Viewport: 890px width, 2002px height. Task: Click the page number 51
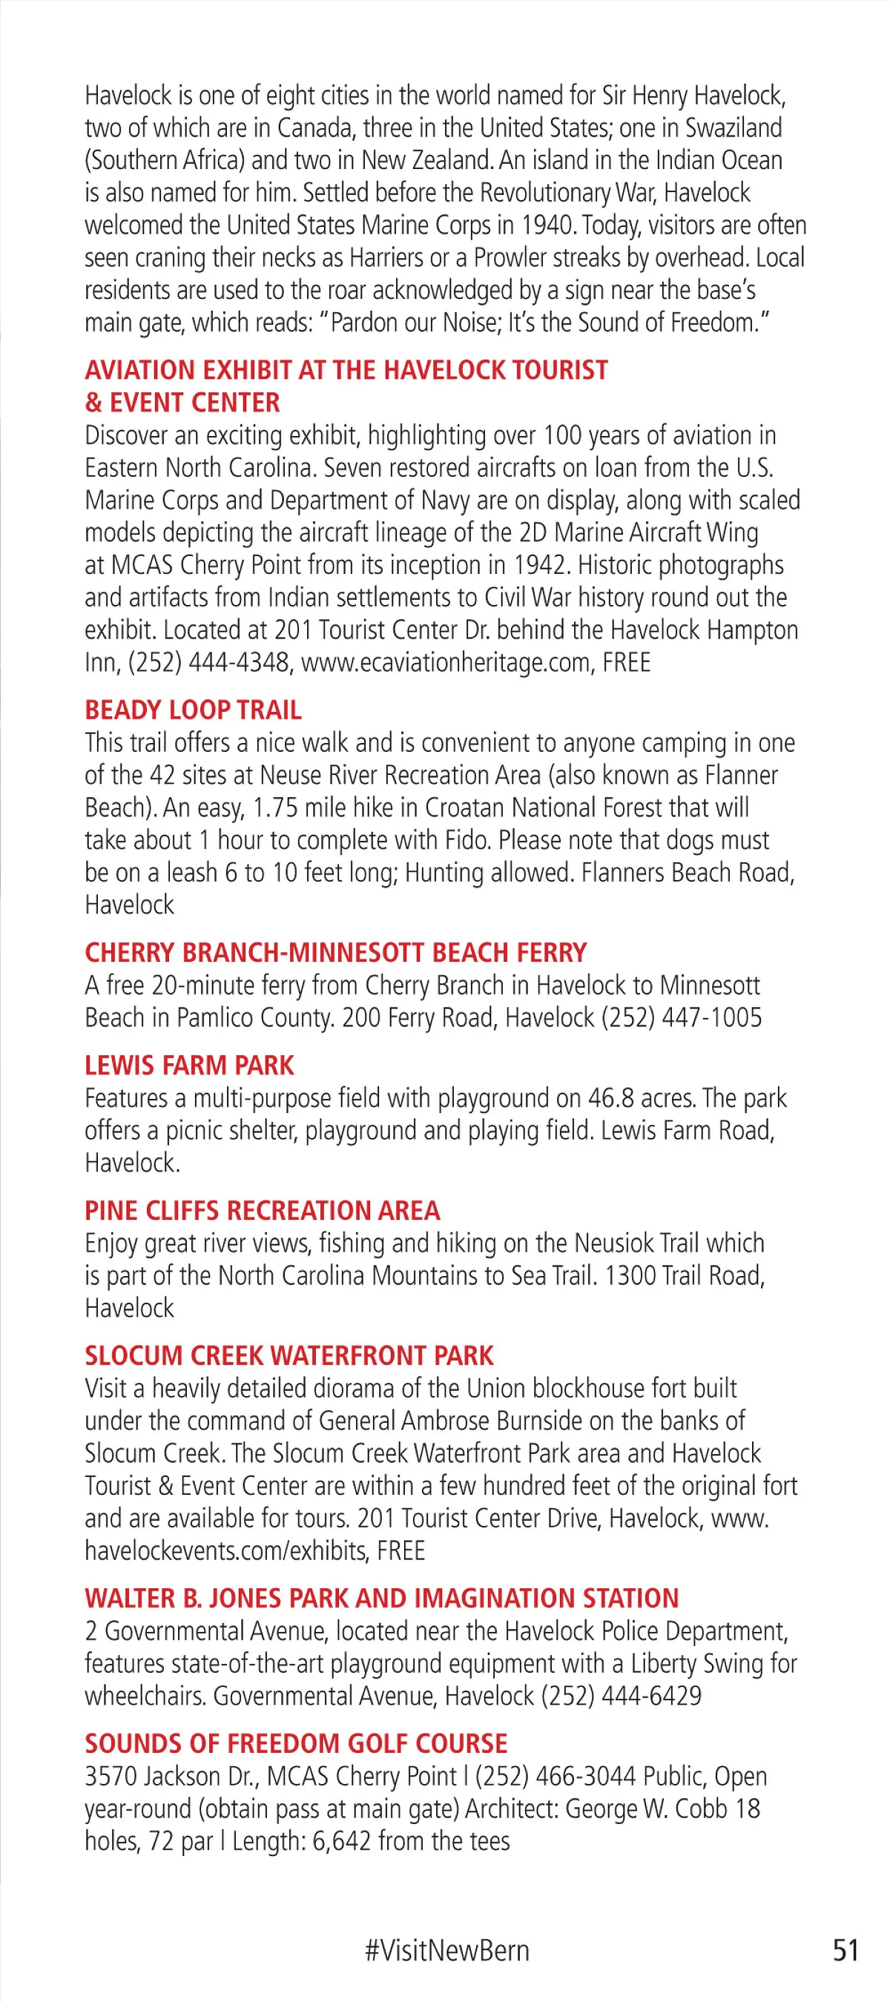point(845,1951)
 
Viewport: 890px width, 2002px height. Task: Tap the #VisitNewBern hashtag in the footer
point(447,1951)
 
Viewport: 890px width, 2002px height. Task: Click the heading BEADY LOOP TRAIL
point(193,710)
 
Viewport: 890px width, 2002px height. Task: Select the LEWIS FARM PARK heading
point(190,1065)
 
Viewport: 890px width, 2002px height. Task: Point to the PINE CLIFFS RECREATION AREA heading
point(263,1210)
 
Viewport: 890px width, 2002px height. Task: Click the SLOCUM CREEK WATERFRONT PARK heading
point(289,1355)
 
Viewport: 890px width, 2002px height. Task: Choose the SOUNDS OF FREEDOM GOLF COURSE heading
point(296,1743)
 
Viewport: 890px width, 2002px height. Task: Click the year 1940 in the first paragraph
point(547,225)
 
